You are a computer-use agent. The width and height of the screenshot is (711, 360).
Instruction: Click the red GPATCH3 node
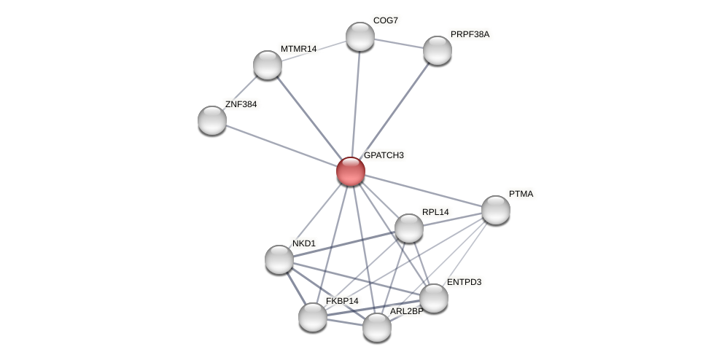tap(351, 171)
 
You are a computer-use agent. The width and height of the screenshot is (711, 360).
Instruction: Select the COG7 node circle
tap(360, 36)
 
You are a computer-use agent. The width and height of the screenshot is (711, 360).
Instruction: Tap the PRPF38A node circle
tap(438, 50)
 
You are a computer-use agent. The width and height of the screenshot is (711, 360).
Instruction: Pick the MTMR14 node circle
tap(268, 65)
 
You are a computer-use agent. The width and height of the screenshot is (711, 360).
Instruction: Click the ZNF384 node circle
tap(212, 120)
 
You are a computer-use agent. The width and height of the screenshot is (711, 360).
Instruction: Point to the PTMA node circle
tap(496, 210)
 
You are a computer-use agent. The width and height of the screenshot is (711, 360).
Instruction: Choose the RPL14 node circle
tap(409, 228)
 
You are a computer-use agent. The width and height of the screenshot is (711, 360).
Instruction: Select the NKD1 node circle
tap(279, 259)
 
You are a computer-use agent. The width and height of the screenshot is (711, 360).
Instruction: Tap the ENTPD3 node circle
tap(434, 298)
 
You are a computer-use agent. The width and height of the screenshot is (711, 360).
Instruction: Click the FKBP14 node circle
tap(313, 317)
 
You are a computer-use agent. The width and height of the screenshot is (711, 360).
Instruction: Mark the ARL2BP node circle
tap(377, 327)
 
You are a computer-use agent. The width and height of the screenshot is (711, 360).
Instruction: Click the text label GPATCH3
tap(384, 155)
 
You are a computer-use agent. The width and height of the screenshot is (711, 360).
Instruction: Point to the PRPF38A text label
tap(470, 34)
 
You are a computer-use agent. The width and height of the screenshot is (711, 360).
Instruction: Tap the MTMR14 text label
tap(298, 49)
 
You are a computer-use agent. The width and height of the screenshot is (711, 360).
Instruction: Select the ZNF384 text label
tap(241, 104)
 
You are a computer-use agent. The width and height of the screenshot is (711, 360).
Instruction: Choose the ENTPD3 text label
tap(464, 282)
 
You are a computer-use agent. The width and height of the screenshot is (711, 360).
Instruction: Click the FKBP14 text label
tap(342, 301)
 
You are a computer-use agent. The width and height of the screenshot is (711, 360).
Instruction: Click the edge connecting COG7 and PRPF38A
tap(399, 44)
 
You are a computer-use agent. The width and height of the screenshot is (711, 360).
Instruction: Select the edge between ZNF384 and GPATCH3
tap(281, 146)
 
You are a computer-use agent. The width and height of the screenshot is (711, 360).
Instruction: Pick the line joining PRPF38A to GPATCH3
tap(394, 111)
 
